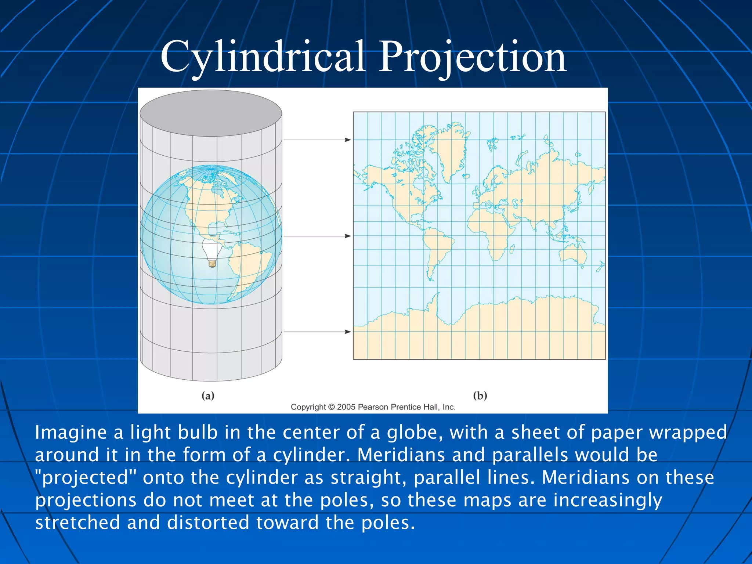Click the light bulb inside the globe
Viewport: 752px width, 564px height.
(x=212, y=252)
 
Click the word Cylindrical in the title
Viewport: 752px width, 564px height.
(x=263, y=57)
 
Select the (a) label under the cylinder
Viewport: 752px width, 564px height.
(x=208, y=395)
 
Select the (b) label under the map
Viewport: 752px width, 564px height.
(x=480, y=395)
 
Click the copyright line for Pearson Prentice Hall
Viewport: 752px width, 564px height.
(x=373, y=407)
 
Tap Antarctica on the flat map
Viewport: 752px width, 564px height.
(x=514, y=330)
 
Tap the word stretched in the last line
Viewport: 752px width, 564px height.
(x=77, y=523)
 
